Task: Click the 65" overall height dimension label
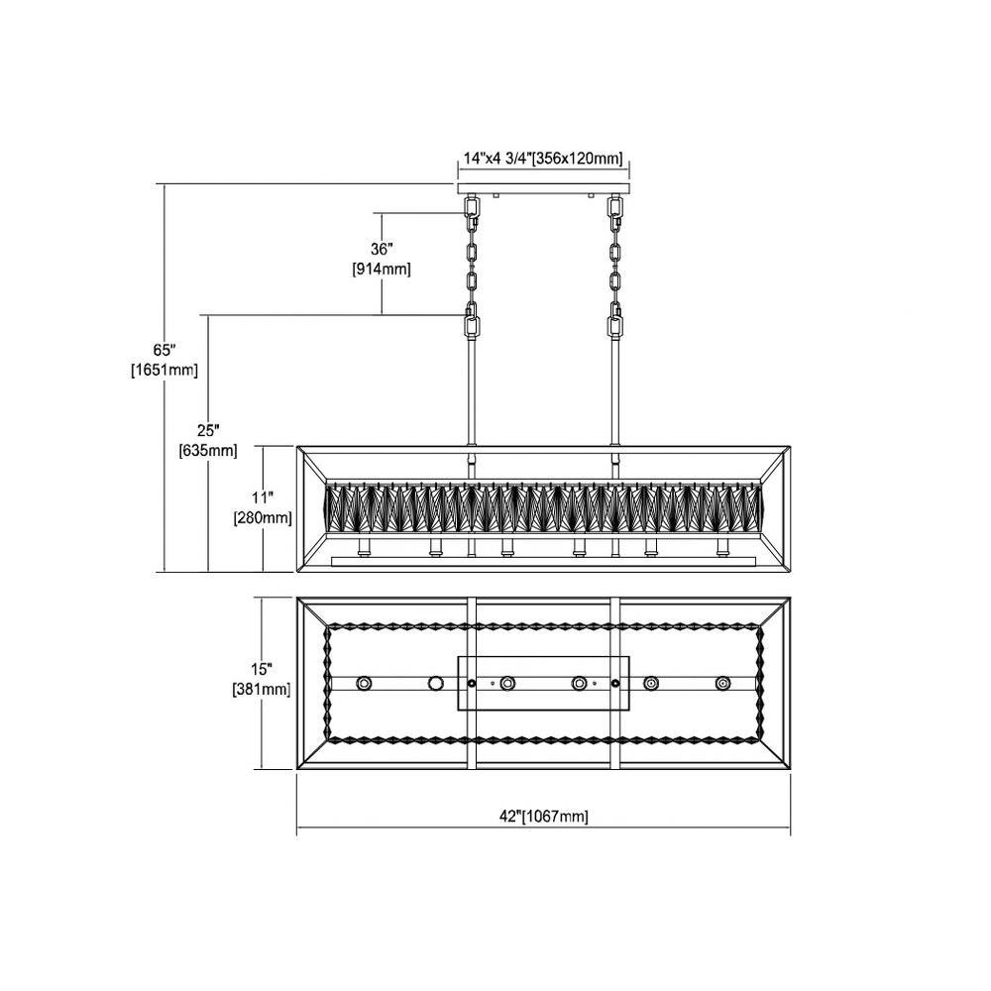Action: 164,350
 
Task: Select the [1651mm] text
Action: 165,371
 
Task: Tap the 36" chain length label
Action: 382,249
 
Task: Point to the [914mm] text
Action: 382,270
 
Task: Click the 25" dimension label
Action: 208,430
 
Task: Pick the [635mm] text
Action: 208,451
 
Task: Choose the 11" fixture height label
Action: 263,497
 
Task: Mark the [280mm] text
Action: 263,518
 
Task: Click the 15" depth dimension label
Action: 262,669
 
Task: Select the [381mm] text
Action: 262,689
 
